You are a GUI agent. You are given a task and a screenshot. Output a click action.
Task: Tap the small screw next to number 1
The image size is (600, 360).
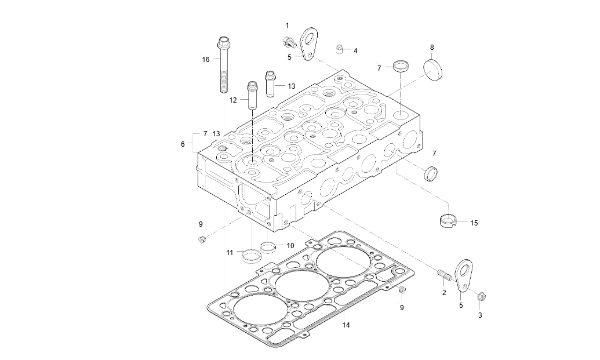pyautogui.click(x=288, y=42)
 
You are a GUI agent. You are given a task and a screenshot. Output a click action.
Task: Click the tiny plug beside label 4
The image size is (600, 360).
pyautogui.click(x=341, y=48)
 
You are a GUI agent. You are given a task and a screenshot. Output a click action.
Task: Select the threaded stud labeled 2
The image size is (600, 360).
pyautogui.click(x=443, y=272)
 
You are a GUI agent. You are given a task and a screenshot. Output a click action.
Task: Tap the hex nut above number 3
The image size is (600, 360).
pyautogui.click(x=481, y=297)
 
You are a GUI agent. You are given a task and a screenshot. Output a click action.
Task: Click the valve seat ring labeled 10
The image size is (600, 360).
pyautogui.click(x=268, y=247)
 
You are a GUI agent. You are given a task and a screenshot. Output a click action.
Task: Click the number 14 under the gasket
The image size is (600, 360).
pyautogui.click(x=346, y=326)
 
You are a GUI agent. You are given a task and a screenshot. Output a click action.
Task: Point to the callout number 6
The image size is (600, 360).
pyautogui.click(x=183, y=144)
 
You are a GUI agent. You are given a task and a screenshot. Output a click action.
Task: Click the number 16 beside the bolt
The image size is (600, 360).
pyautogui.click(x=205, y=60)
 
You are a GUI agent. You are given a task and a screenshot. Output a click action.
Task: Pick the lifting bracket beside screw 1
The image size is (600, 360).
pyautogui.click(x=310, y=42)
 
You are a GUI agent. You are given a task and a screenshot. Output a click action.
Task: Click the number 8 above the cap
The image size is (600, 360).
pyautogui.click(x=431, y=47)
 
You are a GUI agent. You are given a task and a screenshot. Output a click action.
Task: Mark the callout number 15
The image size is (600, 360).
pyautogui.click(x=474, y=223)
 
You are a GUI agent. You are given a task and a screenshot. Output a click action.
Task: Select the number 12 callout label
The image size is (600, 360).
pyautogui.click(x=233, y=100)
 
